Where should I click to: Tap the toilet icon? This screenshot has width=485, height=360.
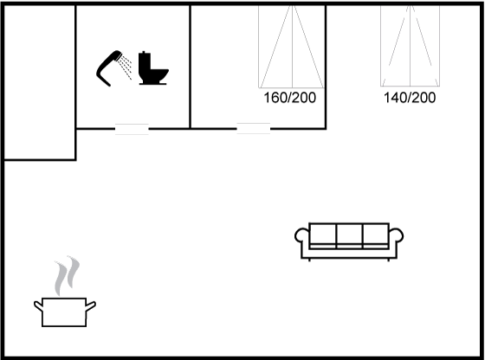[x=152, y=68]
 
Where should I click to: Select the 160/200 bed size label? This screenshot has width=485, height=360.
[x=289, y=98]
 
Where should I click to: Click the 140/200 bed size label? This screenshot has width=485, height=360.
[x=410, y=98]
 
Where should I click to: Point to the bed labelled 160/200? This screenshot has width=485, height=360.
[x=292, y=47]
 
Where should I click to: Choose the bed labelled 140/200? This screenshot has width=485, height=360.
[x=410, y=46]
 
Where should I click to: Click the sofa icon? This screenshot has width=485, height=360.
[x=349, y=241]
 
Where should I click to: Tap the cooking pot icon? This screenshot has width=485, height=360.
[x=65, y=312]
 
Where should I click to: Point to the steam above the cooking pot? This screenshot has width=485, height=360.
[x=68, y=275]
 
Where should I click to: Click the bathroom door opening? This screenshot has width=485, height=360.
[x=132, y=129]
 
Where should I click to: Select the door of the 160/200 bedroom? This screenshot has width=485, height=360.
[x=253, y=129]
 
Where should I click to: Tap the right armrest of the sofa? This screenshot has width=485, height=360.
[x=398, y=236]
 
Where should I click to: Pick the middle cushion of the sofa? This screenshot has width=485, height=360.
[x=349, y=235]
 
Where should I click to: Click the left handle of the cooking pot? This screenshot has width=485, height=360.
[x=38, y=305]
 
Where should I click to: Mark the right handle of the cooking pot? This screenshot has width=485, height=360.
[x=91, y=306]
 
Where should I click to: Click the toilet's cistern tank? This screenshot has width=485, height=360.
[x=145, y=61]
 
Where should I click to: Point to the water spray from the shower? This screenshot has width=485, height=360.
[x=126, y=67]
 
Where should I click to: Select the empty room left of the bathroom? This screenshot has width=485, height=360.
[x=40, y=82]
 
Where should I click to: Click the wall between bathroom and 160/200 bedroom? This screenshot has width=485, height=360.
[x=190, y=67]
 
